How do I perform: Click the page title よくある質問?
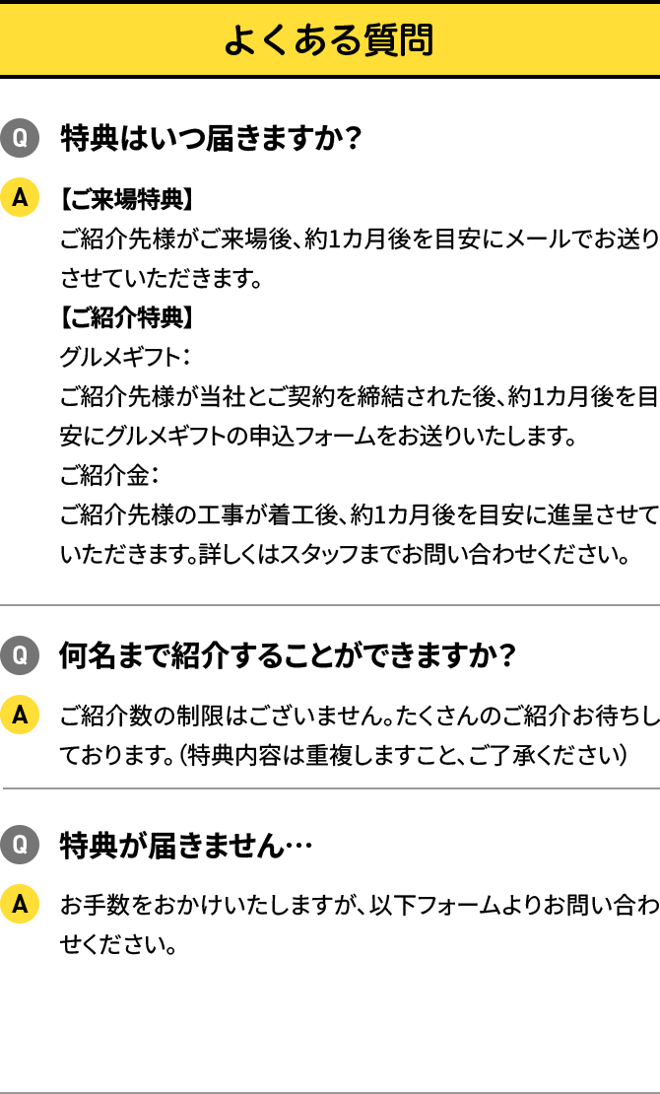[x=329, y=40]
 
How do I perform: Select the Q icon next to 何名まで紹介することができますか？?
[x=20, y=655]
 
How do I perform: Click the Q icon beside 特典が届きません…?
[x=20, y=845]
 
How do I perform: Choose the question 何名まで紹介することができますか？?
[x=287, y=655]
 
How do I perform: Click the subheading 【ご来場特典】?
[x=125, y=199]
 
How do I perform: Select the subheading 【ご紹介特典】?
[x=125, y=317]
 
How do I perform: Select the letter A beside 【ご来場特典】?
[x=20, y=198]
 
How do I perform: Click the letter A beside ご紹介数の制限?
[x=20, y=716]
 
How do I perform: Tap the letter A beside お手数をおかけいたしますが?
[x=20, y=904]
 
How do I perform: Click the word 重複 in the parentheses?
[x=333, y=755]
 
